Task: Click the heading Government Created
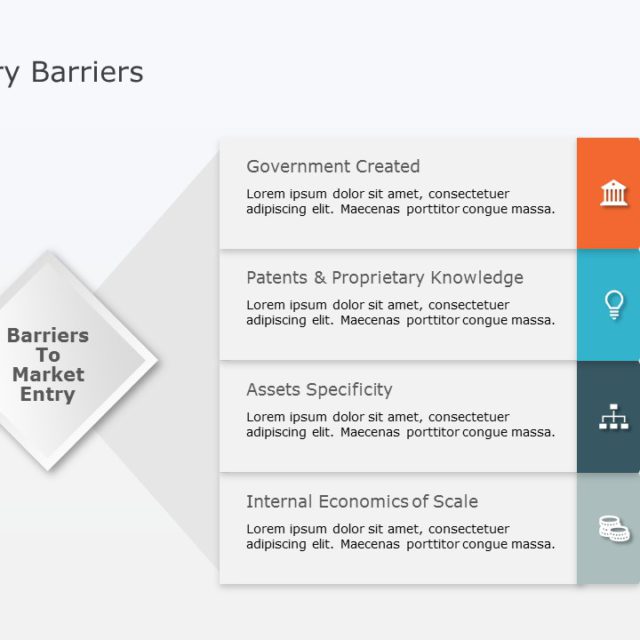(x=333, y=167)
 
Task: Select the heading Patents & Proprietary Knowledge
(x=384, y=278)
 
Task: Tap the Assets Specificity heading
(x=319, y=390)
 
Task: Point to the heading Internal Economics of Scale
(x=362, y=502)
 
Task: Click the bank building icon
(x=614, y=193)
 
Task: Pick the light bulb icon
(x=614, y=305)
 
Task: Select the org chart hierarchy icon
(x=614, y=417)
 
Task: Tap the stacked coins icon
(x=614, y=528)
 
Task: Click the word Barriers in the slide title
(x=87, y=72)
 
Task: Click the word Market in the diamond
(x=48, y=375)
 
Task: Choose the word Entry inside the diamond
(x=48, y=395)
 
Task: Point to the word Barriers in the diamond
(x=48, y=336)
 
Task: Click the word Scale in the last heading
(x=455, y=502)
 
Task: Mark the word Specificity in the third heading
(x=349, y=390)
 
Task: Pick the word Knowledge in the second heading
(x=477, y=278)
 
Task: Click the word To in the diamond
(x=48, y=355)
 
